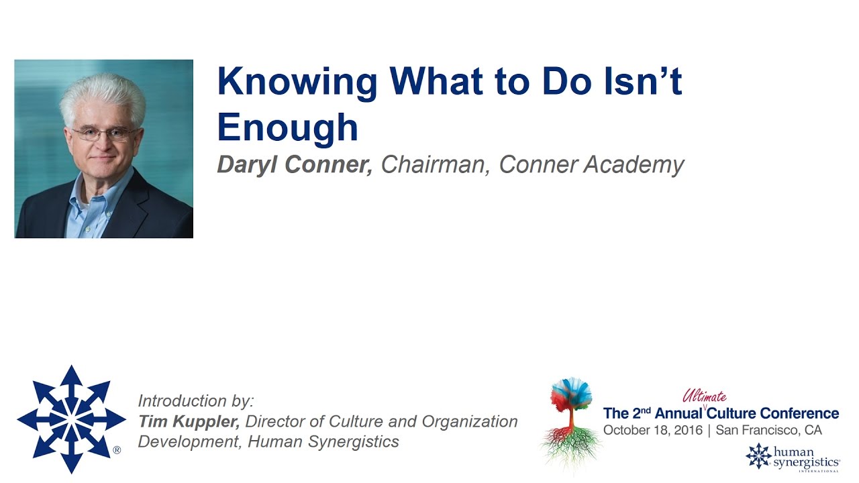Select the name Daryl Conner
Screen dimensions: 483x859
point(295,165)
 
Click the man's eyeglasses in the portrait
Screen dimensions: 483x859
point(104,133)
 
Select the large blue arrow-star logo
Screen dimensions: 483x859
point(71,419)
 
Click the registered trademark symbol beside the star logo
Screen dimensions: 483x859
point(117,450)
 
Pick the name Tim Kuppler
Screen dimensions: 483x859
point(189,422)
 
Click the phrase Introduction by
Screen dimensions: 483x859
point(196,401)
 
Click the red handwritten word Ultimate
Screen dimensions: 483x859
point(704,397)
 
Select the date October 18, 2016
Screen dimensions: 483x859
point(652,430)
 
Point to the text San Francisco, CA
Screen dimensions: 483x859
point(768,430)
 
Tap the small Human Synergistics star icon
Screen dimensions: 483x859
point(758,455)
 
